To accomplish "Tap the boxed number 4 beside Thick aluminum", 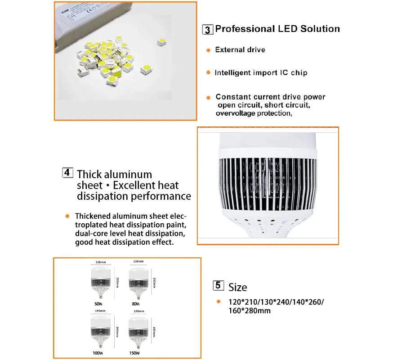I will pos(67,173).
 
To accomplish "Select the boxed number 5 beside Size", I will pos(218,285).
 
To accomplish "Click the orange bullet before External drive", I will pos(208,50).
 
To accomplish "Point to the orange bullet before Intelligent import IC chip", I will pos(208,72).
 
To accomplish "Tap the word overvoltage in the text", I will pos(235,113).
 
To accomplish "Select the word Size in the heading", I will pos(237,287).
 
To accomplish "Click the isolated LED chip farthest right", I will pos(161,42).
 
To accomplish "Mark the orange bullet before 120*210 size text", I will pos(218,302).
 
